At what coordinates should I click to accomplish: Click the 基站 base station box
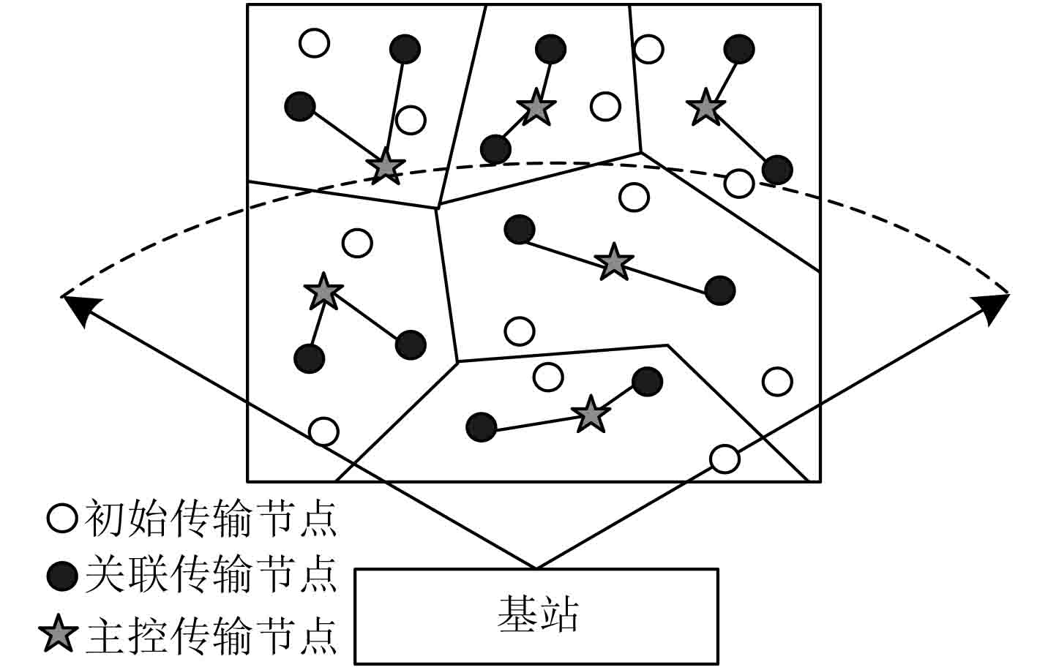536,617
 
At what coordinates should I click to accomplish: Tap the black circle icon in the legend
62,576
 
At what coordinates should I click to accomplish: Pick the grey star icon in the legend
59,634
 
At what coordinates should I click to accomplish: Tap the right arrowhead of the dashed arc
996,306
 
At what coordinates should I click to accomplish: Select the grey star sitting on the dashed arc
385,167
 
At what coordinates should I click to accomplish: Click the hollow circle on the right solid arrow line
725,459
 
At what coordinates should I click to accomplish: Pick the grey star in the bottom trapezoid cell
591,415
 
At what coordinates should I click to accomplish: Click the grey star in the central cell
613,262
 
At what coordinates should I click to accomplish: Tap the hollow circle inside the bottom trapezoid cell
547,377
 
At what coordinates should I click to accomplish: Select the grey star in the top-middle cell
536,108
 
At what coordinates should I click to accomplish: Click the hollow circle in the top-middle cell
605,106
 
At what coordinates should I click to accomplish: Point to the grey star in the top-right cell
705,108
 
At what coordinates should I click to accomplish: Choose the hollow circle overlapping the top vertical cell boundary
648,49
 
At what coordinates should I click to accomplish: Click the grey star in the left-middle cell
323,292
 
